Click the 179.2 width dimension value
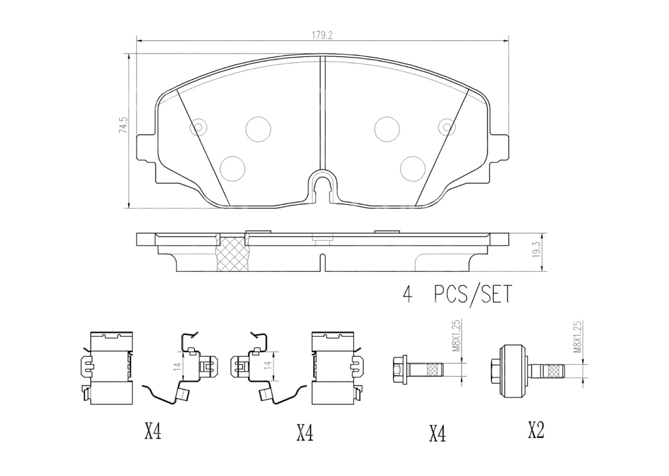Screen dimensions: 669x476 (322, 35)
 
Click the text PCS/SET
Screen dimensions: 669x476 (472, 294)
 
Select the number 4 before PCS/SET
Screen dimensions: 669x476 (408, 295)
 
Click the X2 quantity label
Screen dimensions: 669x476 (536, 430)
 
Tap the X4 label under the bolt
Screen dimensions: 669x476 (438, 434)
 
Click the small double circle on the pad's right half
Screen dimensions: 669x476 (447, 127)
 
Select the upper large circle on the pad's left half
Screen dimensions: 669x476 (258, 129)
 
